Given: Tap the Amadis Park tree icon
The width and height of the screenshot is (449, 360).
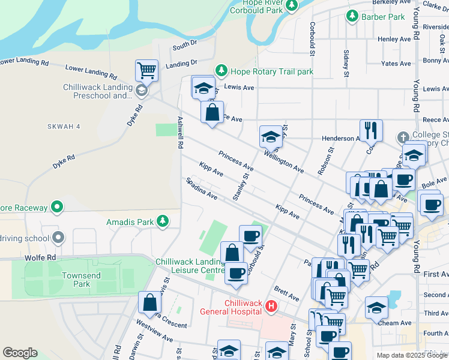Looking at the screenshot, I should coord(162,222).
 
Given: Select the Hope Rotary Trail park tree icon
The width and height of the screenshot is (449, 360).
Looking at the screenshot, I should coord(221,71).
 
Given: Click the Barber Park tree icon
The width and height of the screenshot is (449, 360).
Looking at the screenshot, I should coord(352,17).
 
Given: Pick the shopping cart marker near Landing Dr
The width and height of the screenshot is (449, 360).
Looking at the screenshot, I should coord(146,71).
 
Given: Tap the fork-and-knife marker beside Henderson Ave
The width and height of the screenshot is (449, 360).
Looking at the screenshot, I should coord(371,130).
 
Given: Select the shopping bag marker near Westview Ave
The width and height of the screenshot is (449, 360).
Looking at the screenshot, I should coord(150,302).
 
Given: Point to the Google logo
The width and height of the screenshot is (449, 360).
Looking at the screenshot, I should coord(20,352).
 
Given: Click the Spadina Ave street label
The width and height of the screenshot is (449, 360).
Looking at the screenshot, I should coord(201,188).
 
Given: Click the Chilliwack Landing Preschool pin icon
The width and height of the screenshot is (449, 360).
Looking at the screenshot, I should coord(141,91).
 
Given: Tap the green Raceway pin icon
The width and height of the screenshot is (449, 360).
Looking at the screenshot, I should coord(57,208).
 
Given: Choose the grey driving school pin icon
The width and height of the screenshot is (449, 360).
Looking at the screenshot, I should coord(58,238).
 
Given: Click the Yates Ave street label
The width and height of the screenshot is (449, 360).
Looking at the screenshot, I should coord(396,63).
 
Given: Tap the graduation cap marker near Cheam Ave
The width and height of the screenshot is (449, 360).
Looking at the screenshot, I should coord(376,308).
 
